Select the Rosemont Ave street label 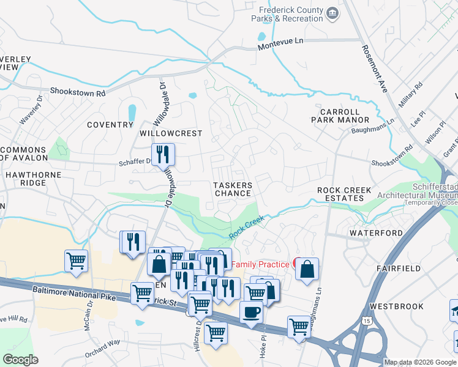[374, 69]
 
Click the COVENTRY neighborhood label [110, 125]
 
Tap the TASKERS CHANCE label [232, 189]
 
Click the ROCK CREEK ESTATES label [344, 195]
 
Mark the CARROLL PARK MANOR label [345, 116]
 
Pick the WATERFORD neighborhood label [376, 233]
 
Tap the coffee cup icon [251, 311]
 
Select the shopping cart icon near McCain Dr [77, 261]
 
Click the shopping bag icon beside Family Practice [307, 269]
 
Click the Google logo [21, 360]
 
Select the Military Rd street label [411, 95]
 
